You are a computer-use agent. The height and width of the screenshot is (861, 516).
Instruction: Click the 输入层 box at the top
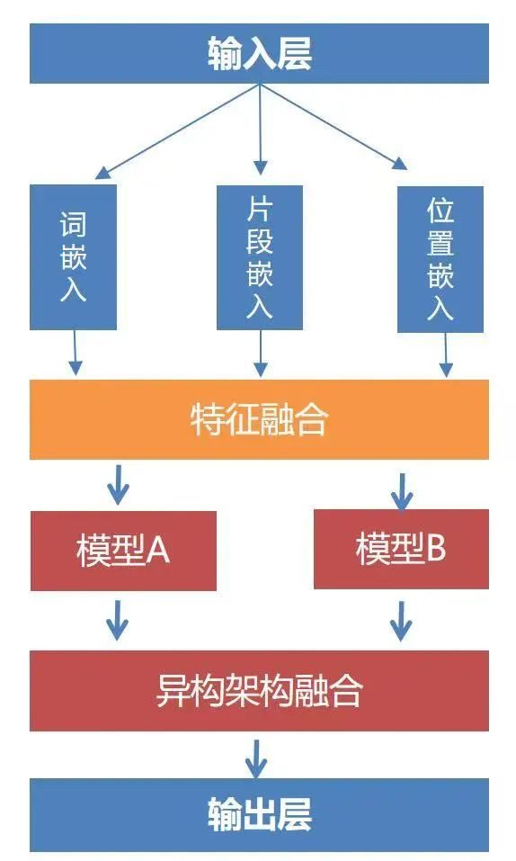click(x=259, y=53)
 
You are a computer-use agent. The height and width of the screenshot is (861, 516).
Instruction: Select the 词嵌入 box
click(x=73, y=257)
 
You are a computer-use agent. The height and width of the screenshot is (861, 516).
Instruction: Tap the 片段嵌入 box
click(x=260, y=257)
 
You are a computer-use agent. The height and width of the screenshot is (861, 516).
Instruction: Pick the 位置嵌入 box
click(x=440, y=259)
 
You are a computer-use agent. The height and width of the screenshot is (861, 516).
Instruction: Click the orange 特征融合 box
click(x=259, y=419)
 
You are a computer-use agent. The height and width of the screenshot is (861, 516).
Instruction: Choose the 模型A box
click(x=123, y=551)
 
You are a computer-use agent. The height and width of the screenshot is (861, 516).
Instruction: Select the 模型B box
click(x=401, y=549)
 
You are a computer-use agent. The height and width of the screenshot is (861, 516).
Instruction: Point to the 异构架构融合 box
click(x=259, y=691)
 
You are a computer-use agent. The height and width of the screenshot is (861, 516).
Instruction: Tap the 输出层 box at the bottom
click(x=259, y=814)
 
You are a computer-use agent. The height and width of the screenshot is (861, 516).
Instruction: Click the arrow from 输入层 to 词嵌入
click(x=177, y=131)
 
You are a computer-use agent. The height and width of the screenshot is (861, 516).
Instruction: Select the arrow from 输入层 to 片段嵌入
click(x=261, y=130)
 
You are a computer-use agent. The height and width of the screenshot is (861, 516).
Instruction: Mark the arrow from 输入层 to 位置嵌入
click(x=334, y=126)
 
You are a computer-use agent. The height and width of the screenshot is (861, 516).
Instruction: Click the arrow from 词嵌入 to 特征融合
click(x=76, y=353)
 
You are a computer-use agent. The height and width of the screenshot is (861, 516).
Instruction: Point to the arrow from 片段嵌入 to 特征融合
click(x=261, y=354)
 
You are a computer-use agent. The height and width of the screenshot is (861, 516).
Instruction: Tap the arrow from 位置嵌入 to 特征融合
click(x=446, y=354)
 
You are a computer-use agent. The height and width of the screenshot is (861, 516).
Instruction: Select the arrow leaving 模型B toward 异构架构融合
click(x=401, y=622)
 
